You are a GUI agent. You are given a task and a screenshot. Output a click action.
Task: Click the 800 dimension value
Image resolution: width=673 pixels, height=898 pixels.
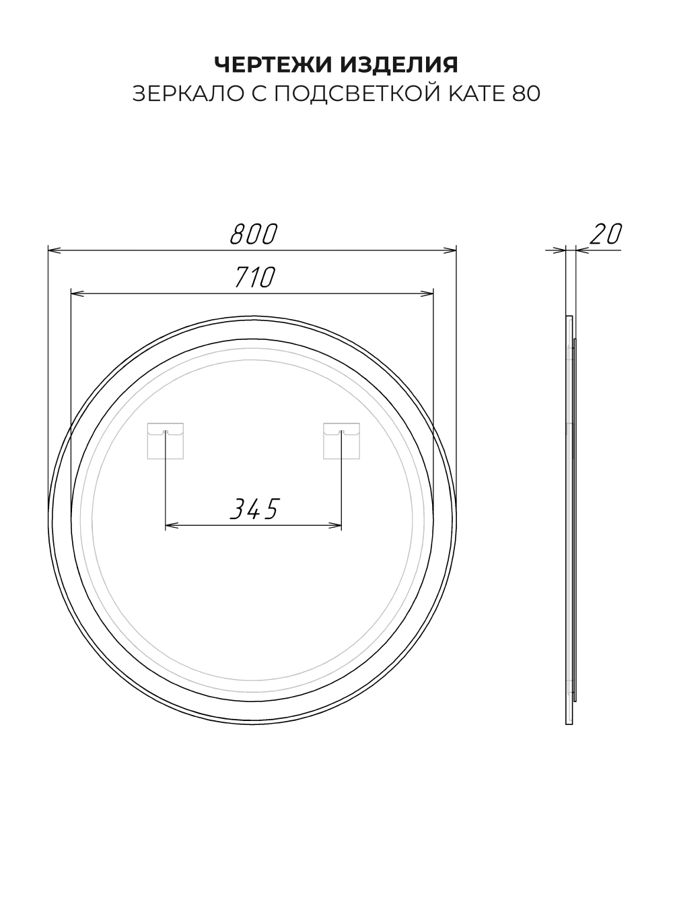(254, 234)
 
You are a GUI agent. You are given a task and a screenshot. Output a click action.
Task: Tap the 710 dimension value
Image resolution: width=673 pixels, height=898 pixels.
(254, 277)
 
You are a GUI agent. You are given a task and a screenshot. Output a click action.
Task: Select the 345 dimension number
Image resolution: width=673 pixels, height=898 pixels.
(254, 508)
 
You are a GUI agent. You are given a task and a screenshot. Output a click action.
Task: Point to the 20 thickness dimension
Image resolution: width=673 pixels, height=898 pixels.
(606, 234)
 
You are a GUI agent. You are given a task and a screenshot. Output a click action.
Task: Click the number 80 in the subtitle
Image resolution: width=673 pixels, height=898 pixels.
(527, 94)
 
